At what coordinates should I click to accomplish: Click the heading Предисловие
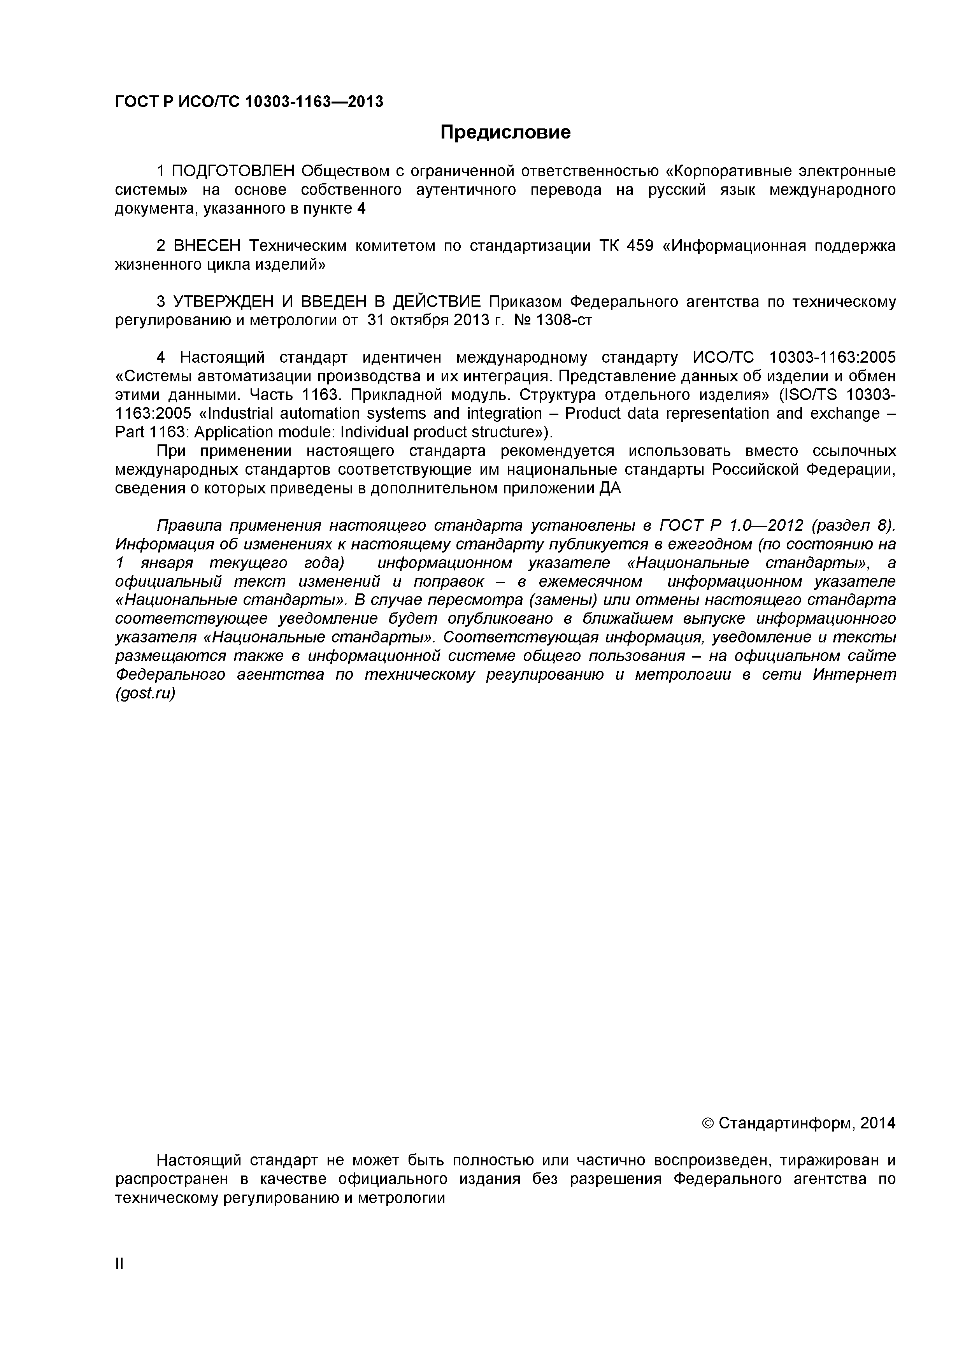[x=505, y=132]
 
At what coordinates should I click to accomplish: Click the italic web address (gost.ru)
[x=145, y=693]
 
